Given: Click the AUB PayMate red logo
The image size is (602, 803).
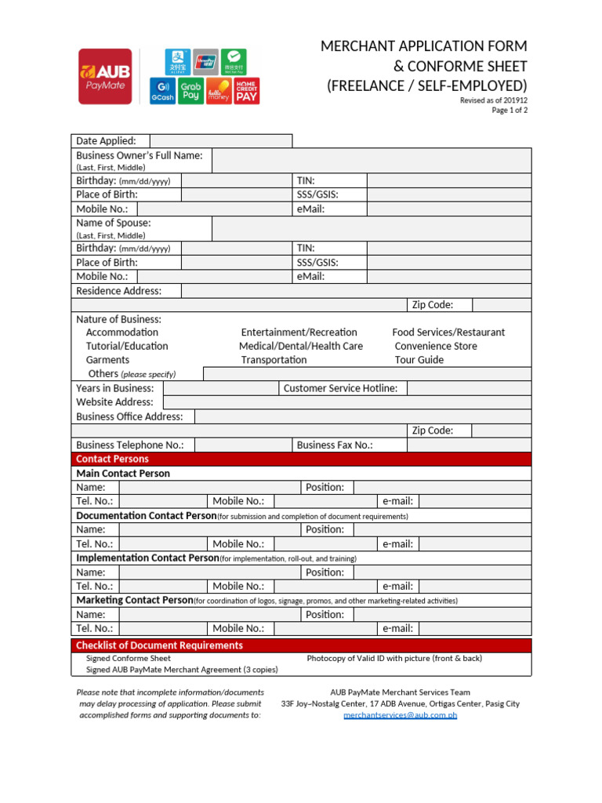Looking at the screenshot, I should click(105, 76).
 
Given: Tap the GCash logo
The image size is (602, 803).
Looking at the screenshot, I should click(162, 91).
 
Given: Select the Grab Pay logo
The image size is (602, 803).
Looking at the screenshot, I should click(190, 91).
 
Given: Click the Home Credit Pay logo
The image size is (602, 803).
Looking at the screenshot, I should click(247, 91).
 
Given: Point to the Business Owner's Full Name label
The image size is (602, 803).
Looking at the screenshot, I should click(139, 155).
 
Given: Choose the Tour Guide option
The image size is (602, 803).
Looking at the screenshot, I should click(419, 360).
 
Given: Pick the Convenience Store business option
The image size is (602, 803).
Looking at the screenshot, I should click(435, 346).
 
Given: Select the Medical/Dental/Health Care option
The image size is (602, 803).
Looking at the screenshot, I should click(301, 346).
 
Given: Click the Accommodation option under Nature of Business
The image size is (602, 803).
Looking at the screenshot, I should click(121, 332).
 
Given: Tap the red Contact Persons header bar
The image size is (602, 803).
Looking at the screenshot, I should click(301, 459).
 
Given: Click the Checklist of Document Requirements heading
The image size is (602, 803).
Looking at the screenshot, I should click(159, 645).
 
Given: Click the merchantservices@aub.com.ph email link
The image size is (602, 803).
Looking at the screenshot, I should click(400, 715).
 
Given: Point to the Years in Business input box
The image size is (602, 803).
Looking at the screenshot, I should click(220, 388).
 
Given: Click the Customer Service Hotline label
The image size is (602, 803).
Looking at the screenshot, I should click(340, 388).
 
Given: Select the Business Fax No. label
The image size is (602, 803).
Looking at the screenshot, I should click(335, 445).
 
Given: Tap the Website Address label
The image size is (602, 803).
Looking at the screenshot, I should click(114, 402).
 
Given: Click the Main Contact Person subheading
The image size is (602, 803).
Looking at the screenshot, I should click(123, 474).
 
